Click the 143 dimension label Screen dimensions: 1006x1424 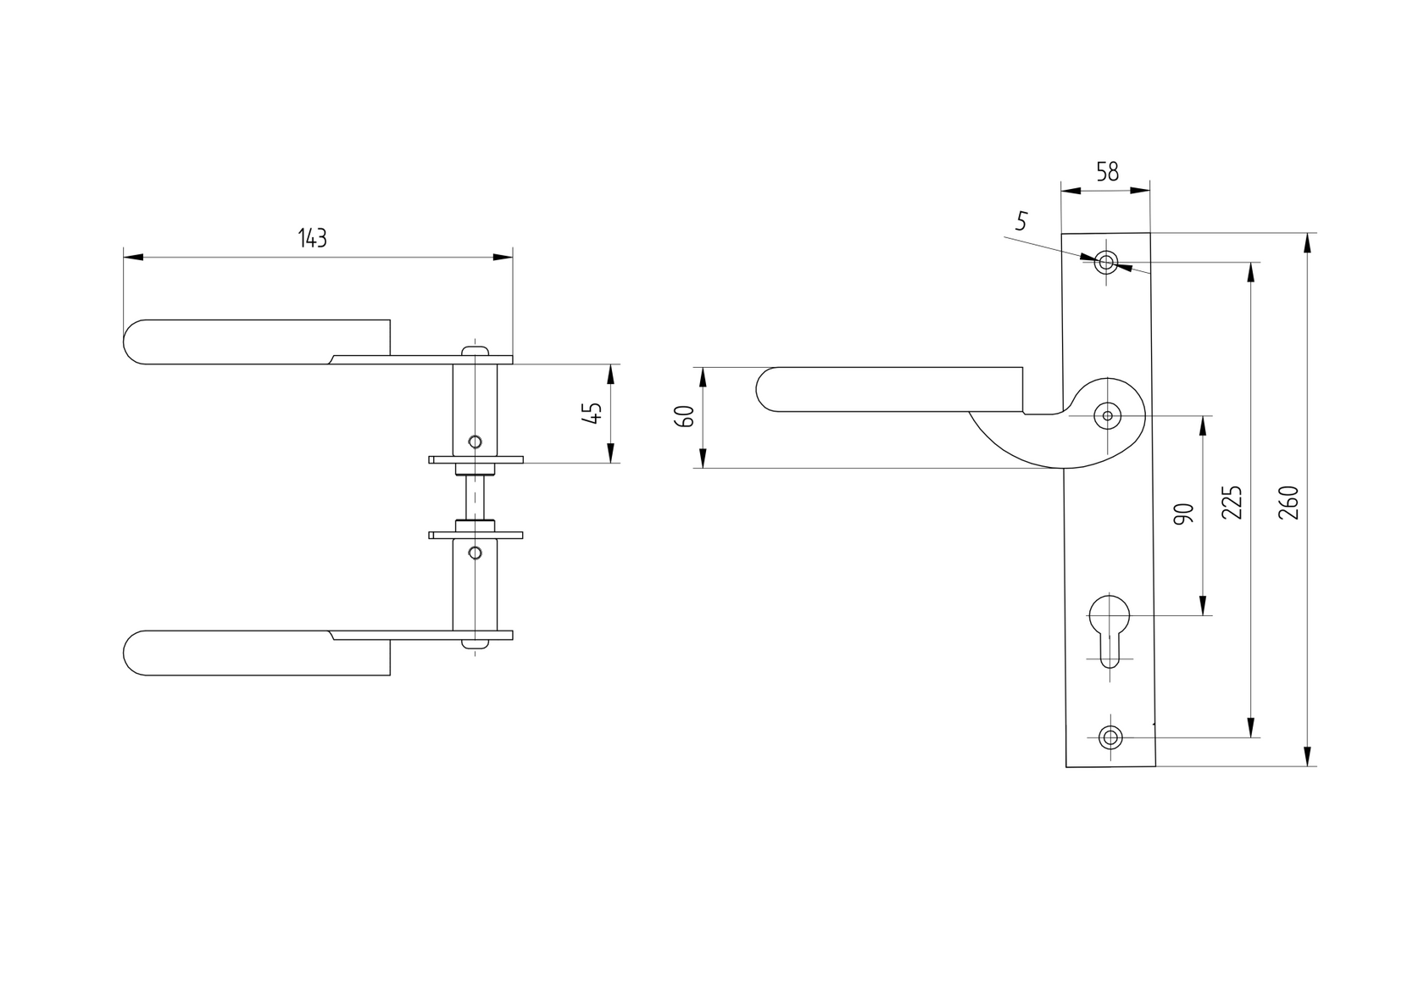coord(312,239)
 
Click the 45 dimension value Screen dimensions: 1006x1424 coord(593,414)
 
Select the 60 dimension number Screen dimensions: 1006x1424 coord(686,417)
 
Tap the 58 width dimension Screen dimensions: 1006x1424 coord(1107,172)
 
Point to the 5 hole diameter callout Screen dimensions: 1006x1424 coord(1021,222)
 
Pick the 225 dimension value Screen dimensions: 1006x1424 coord(1233,502)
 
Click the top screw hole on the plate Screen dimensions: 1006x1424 coord(1105,263)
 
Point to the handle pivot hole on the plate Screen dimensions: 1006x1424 coord(1107,416)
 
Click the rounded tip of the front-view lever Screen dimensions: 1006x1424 coord(767,390)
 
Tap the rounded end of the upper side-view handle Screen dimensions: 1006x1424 coord(136,342)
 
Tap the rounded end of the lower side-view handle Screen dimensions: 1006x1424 coord(136,653)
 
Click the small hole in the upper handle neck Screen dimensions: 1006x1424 coord(475,442)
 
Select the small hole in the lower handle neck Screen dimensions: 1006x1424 coord(475,553)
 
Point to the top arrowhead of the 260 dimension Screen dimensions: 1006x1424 coord(1308,242)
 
